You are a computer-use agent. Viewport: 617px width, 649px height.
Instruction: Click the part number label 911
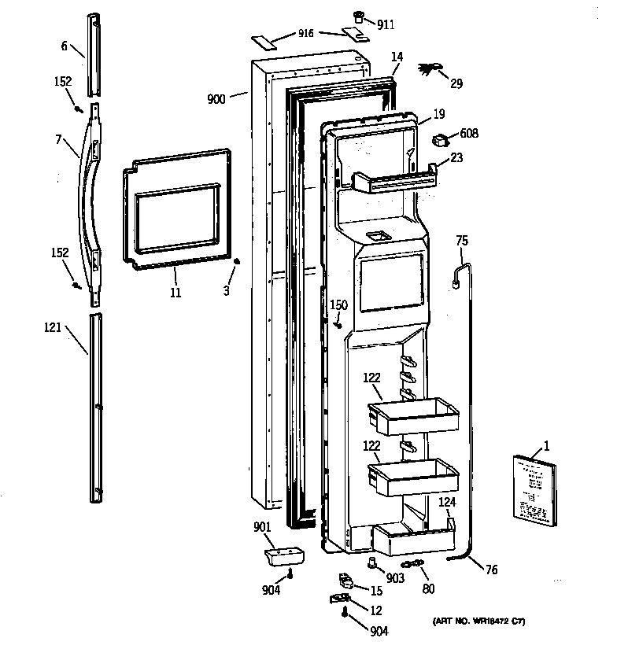click(x=386, y=25)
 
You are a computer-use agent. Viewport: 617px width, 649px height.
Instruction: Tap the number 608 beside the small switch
click(x=468, y=134)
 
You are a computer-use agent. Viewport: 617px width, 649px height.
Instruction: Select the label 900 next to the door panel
click(x=216, y=99)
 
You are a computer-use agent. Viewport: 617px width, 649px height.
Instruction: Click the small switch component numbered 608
click(x=441, y=140)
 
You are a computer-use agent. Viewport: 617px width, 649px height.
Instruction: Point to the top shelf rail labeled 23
click(x=393, y=181)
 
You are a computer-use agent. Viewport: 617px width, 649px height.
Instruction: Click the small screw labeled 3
click(x=238, y=261)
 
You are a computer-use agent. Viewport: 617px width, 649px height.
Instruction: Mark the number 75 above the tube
click(x=462, y=242)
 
